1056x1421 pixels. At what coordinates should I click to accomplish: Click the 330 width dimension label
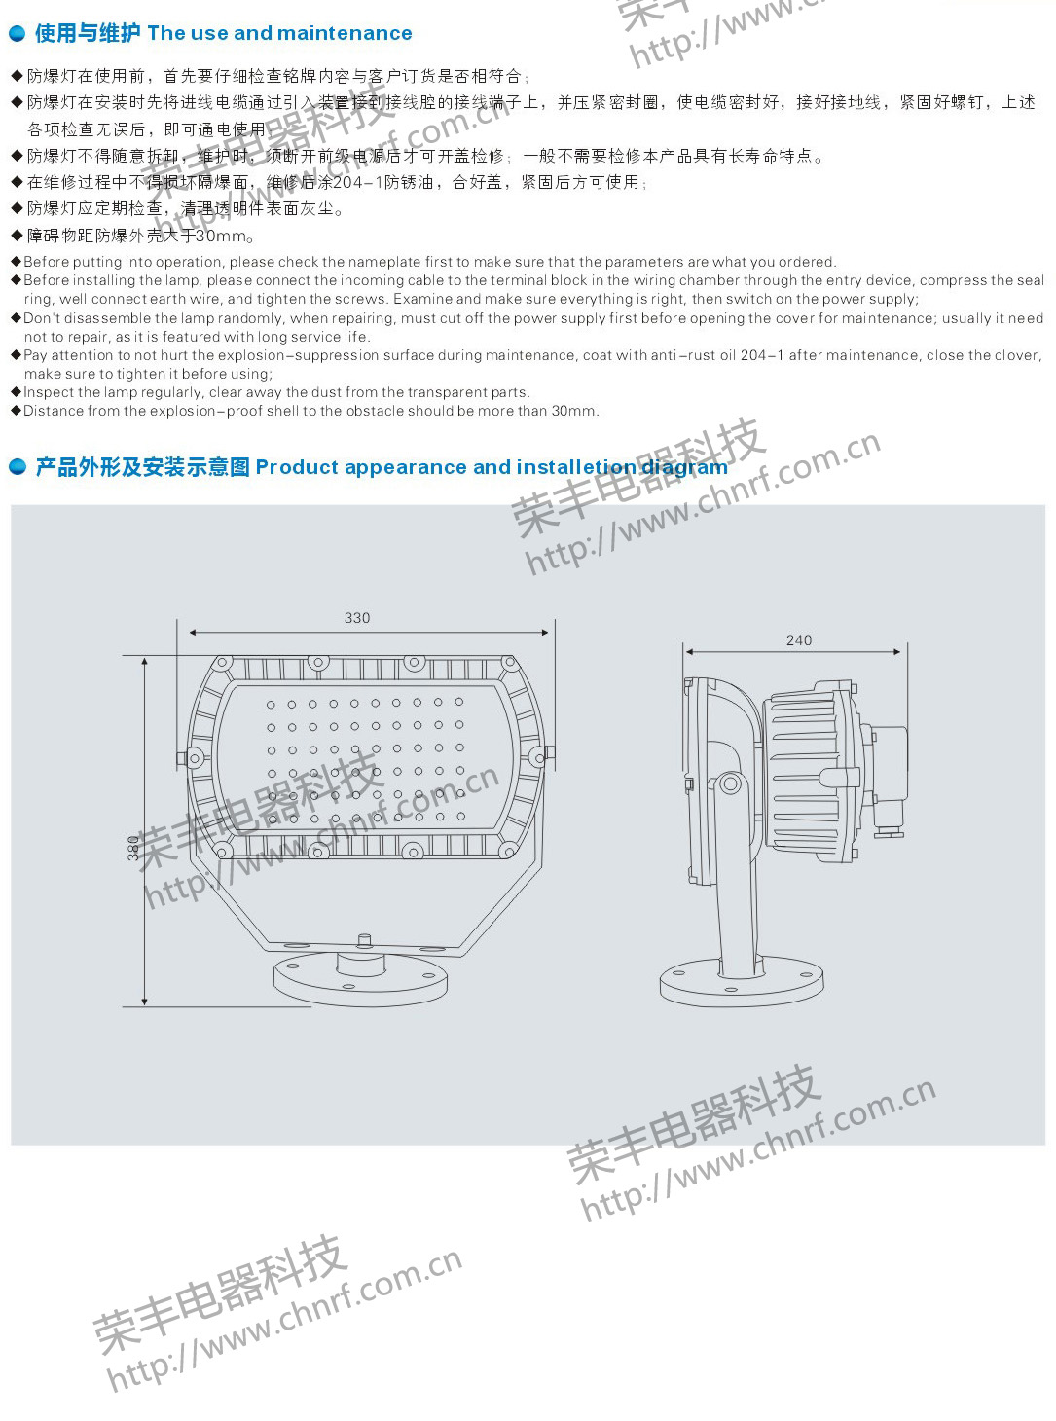(x=357, y=618)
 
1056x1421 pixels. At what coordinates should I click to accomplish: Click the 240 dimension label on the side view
(x=798, y=640)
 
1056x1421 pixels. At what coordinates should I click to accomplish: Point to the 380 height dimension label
(x=132, y=849)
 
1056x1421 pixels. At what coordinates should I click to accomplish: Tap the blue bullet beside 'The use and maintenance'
(x=18, y=33)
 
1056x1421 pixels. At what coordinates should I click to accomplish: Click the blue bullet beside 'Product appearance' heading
(x=18, y=467)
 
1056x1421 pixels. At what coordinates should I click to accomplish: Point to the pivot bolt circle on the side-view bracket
(x=729, y=783)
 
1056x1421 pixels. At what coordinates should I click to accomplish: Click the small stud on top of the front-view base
(x=364, y=940)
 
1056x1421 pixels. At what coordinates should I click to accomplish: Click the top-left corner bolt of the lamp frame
(x=222, y=664)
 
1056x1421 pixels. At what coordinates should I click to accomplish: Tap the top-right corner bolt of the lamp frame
(x=509, y=664)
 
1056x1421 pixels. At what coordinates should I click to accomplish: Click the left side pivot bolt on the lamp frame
(x=191, y=758)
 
